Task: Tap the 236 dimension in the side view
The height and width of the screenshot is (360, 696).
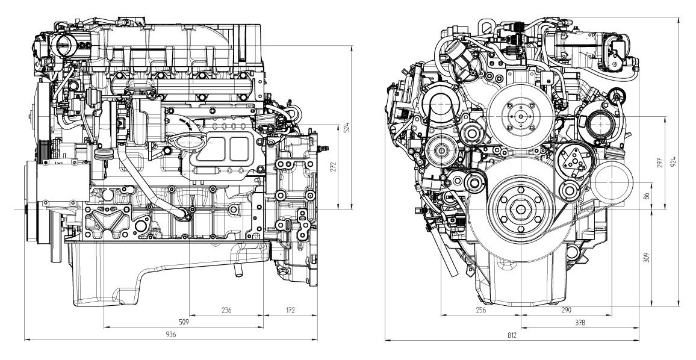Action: [x=226, y=310]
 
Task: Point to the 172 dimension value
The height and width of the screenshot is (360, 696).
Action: [x=290, y=310]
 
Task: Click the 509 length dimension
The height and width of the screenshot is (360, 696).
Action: [x=184, y=322]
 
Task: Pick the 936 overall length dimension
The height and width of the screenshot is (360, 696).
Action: [x=170, y=335]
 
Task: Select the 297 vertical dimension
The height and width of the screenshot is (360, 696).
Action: [x=660, y=163]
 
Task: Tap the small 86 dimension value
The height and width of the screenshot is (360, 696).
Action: [x=647, y=195]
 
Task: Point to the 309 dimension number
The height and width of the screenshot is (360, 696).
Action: [x=647, y=258]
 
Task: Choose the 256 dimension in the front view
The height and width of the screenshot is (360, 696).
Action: [x=480, y=310]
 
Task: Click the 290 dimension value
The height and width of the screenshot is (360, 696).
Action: [x=565, y=310]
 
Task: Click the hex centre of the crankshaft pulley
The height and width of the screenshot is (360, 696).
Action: [x=520, y=209]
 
